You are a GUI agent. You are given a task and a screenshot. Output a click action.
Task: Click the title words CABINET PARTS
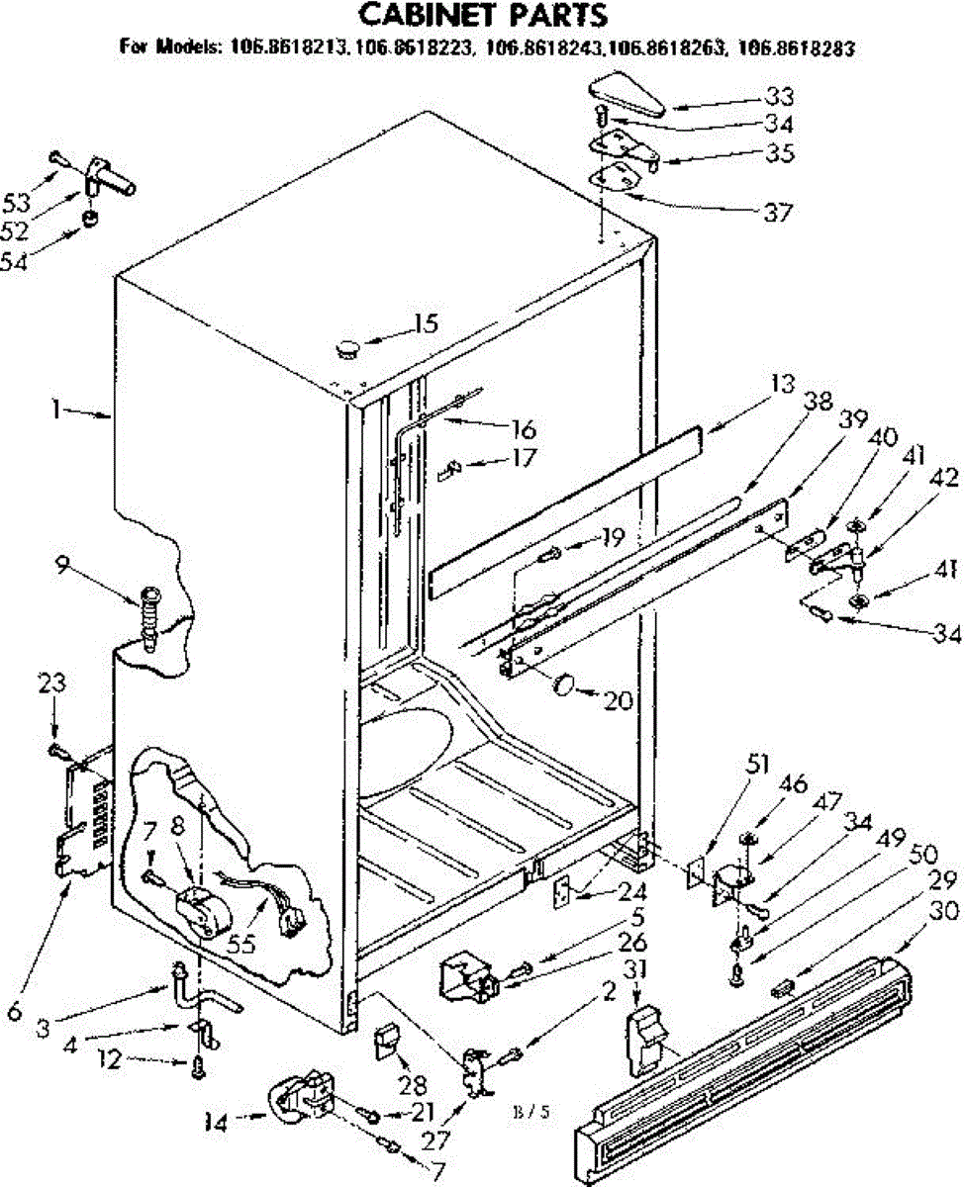(481, 16)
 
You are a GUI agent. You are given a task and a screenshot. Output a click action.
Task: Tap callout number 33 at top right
(779, 97)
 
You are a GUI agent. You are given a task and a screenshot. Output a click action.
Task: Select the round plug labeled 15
(347, 345)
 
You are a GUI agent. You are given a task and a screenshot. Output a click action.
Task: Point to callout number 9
(63, 567)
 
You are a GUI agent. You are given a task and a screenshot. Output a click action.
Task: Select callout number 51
(758, 762)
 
